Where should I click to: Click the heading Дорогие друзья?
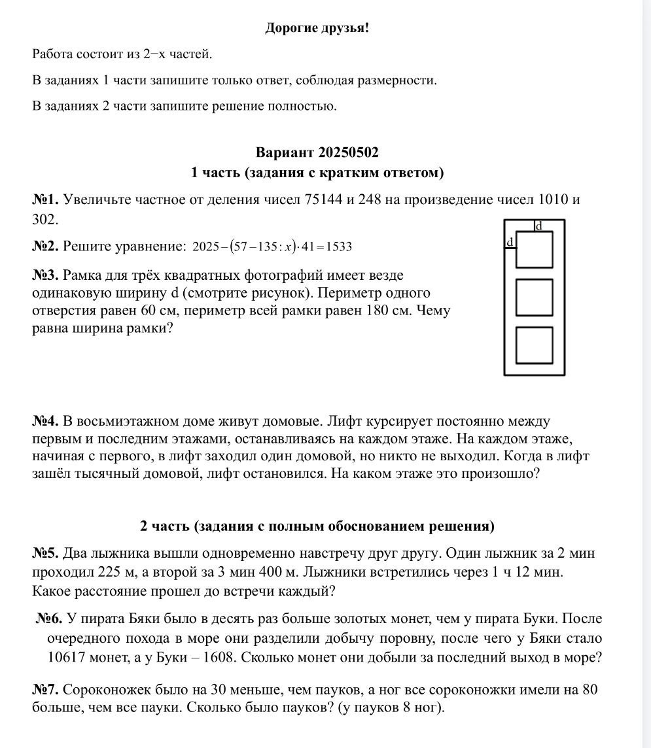317,28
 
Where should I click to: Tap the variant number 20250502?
348,152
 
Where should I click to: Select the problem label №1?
46,200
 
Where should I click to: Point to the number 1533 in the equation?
339,247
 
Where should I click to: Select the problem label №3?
46,275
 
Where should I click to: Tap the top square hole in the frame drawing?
534,249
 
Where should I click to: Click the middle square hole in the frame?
534,297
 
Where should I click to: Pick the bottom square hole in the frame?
534,345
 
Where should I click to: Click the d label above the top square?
539,226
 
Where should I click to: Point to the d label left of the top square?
510,243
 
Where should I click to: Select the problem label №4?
46,421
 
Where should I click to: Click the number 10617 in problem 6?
67,657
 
